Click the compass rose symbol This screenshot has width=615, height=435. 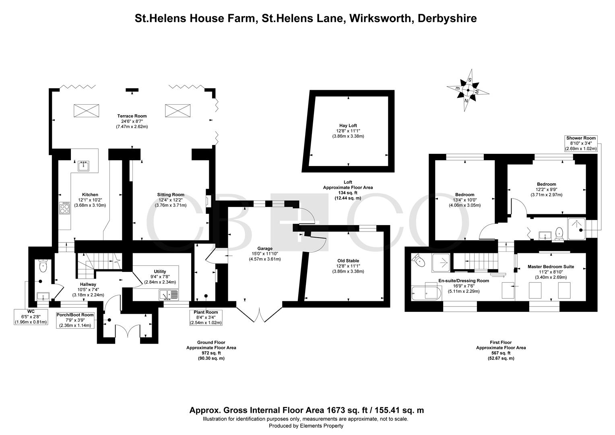(x=468, y=90)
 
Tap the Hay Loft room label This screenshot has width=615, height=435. (x=348, y=126)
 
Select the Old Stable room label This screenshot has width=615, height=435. (x=348, y=261)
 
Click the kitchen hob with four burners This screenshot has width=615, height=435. (x=64, y=208)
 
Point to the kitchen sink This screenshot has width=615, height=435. (x=83, y=166)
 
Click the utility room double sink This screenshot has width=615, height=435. (x=169, y=295)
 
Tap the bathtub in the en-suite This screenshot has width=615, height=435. (x=426, y=293)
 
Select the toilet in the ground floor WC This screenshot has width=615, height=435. (x=43, y=265)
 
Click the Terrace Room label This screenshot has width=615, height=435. (x=132, y=116)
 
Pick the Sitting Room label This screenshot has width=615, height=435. (x=171, y=195)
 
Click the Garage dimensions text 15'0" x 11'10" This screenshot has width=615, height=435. (x=265, y=254)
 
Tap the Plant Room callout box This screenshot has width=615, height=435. (x=206, y=317)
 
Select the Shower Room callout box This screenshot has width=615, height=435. (x=581, y=143)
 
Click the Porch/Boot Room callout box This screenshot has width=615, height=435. (x=75, y=320)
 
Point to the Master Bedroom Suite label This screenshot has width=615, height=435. (x=551, y=267)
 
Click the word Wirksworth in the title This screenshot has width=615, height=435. (x=380, y=19)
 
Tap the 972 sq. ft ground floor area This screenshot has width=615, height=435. (x=211, y=353)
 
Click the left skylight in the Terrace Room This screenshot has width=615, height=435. (x=86, y=111)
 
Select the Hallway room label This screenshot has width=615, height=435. (x=88, y=284)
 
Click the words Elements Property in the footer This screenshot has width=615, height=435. (x=322, y=426)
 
